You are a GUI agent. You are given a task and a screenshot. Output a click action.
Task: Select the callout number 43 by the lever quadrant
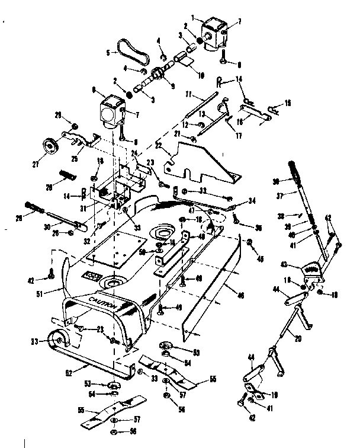[x=285, y=265]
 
